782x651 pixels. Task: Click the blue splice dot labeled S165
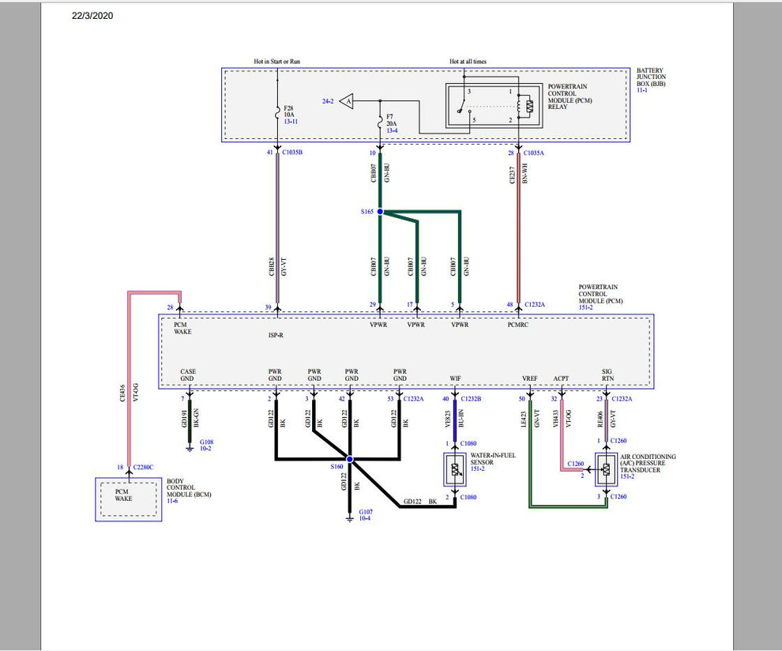380,212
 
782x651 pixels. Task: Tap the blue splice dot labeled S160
349,459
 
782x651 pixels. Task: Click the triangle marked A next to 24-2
348,101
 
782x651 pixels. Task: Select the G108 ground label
207,445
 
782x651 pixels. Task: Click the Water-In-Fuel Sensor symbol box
455,471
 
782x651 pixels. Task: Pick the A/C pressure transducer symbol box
606,470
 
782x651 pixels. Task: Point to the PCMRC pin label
518,325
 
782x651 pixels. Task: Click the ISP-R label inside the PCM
276,335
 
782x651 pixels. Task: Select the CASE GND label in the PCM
188,374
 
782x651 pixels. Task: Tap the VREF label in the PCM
530,378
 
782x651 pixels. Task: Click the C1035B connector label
292,152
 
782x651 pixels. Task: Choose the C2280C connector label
144,468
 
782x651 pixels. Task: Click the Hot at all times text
469,62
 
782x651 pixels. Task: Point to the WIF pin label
455,378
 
